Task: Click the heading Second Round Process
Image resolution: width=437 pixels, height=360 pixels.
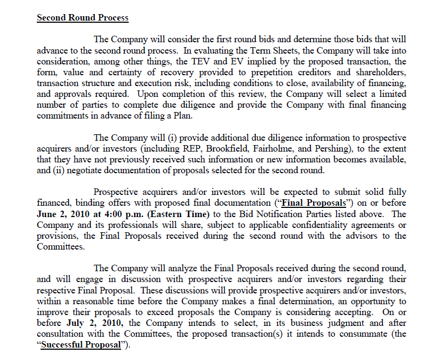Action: (82, 17)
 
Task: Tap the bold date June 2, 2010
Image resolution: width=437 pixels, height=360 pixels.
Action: (66, 214)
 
